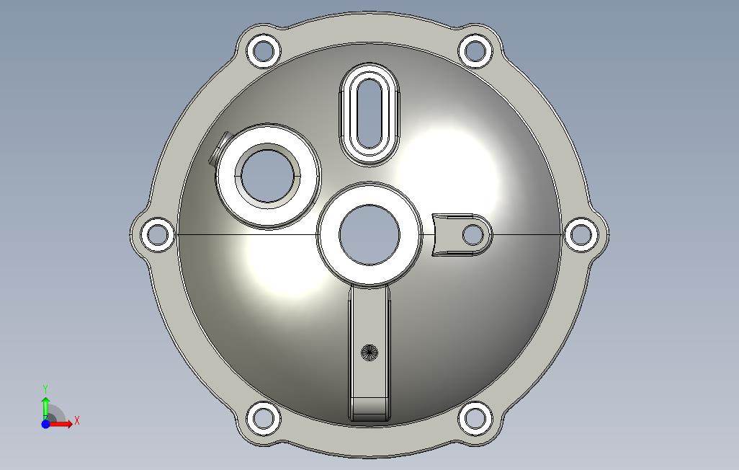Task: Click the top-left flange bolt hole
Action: click(x=264, y=50)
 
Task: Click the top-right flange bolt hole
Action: click(x=475, y=50)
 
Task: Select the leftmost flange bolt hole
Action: click(x=158, y=234)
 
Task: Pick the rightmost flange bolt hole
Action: click(x=581, y=234)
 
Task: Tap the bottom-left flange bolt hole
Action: click(x=264, y=418)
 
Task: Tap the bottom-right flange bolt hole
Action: click(x=475, y=418)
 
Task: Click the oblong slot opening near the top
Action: click(x=369, y=113)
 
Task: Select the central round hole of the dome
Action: click(x=369, y=234)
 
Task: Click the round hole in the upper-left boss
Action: click(x=267, y=176)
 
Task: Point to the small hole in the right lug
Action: click(x=473, y=234)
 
